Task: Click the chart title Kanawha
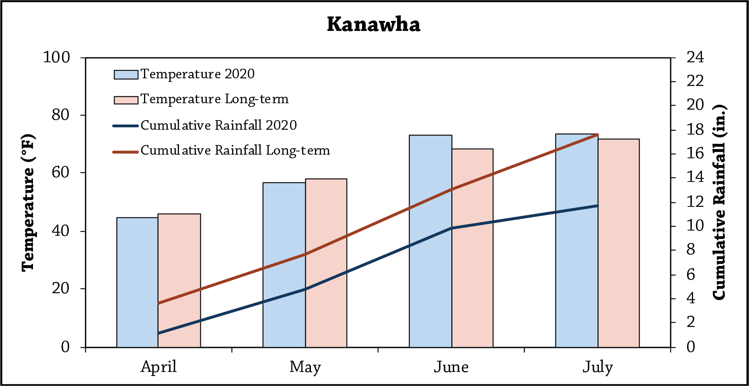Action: pos(373,24)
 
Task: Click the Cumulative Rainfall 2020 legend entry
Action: pos(218,125)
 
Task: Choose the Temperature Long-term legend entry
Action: pos(214,99)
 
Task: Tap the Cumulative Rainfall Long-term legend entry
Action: pos(235,151)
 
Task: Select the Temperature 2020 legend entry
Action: pos(197,74)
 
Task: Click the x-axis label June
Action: pos(451,367)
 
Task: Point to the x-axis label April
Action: pos(158,367)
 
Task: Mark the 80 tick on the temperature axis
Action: pos(60,115)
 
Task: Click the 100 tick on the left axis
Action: pos(56,57)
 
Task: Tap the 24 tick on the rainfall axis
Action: pos(695,57)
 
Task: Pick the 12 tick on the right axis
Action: pos(695,202)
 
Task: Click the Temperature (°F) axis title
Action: pos(28,203)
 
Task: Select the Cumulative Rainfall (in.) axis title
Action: pos(720,202)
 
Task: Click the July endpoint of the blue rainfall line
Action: pos(598,206)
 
